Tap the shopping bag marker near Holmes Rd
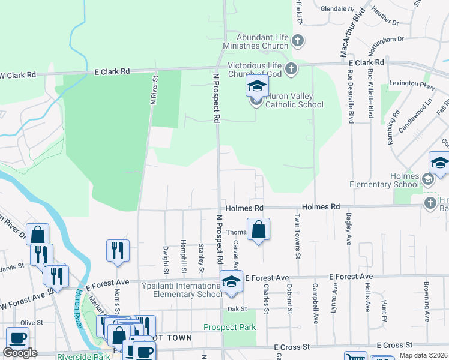tap(258, 230)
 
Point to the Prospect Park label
tap(229, 328)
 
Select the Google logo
tap(20, 353)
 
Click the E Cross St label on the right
tap(396, 346)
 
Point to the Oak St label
tap(238, 309)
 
